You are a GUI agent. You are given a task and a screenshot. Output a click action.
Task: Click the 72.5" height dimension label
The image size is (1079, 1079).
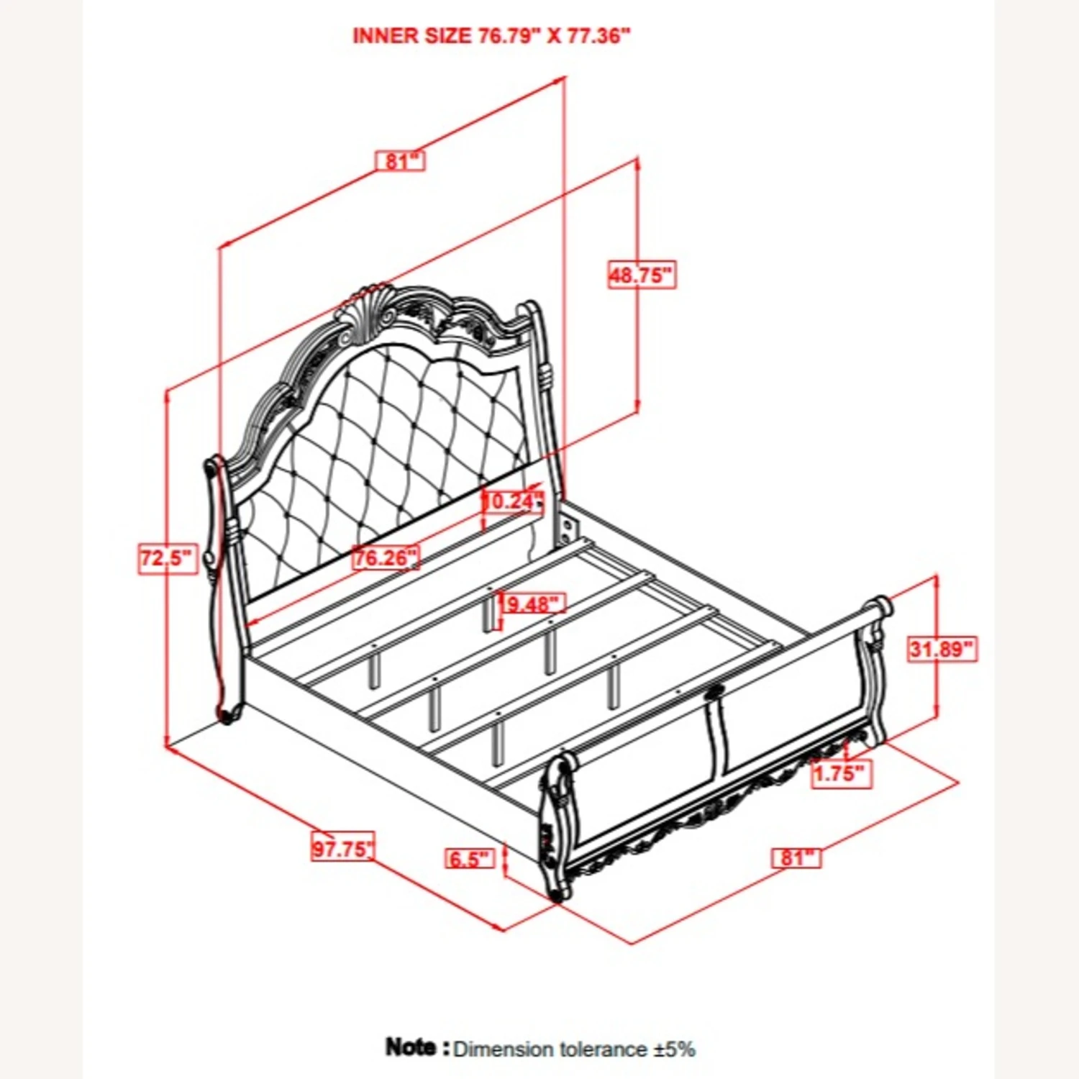167,559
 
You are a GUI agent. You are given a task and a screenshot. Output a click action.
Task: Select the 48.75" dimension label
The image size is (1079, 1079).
642,275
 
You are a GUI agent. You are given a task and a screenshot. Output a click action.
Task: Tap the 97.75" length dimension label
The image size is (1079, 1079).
343,848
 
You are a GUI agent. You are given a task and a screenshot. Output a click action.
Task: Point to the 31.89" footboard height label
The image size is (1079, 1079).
941,649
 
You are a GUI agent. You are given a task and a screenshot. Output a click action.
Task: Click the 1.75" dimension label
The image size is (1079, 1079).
842,774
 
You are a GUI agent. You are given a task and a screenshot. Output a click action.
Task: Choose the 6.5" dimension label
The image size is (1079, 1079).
470,858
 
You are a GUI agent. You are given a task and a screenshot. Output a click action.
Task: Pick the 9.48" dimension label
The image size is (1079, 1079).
532,604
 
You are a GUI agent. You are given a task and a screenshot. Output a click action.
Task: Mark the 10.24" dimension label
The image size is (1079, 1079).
512,501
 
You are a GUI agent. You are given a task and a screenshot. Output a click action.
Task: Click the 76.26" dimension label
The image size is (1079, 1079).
386,557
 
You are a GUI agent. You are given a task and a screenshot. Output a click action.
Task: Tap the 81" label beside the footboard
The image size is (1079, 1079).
797,857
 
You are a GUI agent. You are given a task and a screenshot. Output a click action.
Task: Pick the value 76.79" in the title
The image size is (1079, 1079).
509,36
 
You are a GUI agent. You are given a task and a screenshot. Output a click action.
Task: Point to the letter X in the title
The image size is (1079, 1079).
554,36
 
